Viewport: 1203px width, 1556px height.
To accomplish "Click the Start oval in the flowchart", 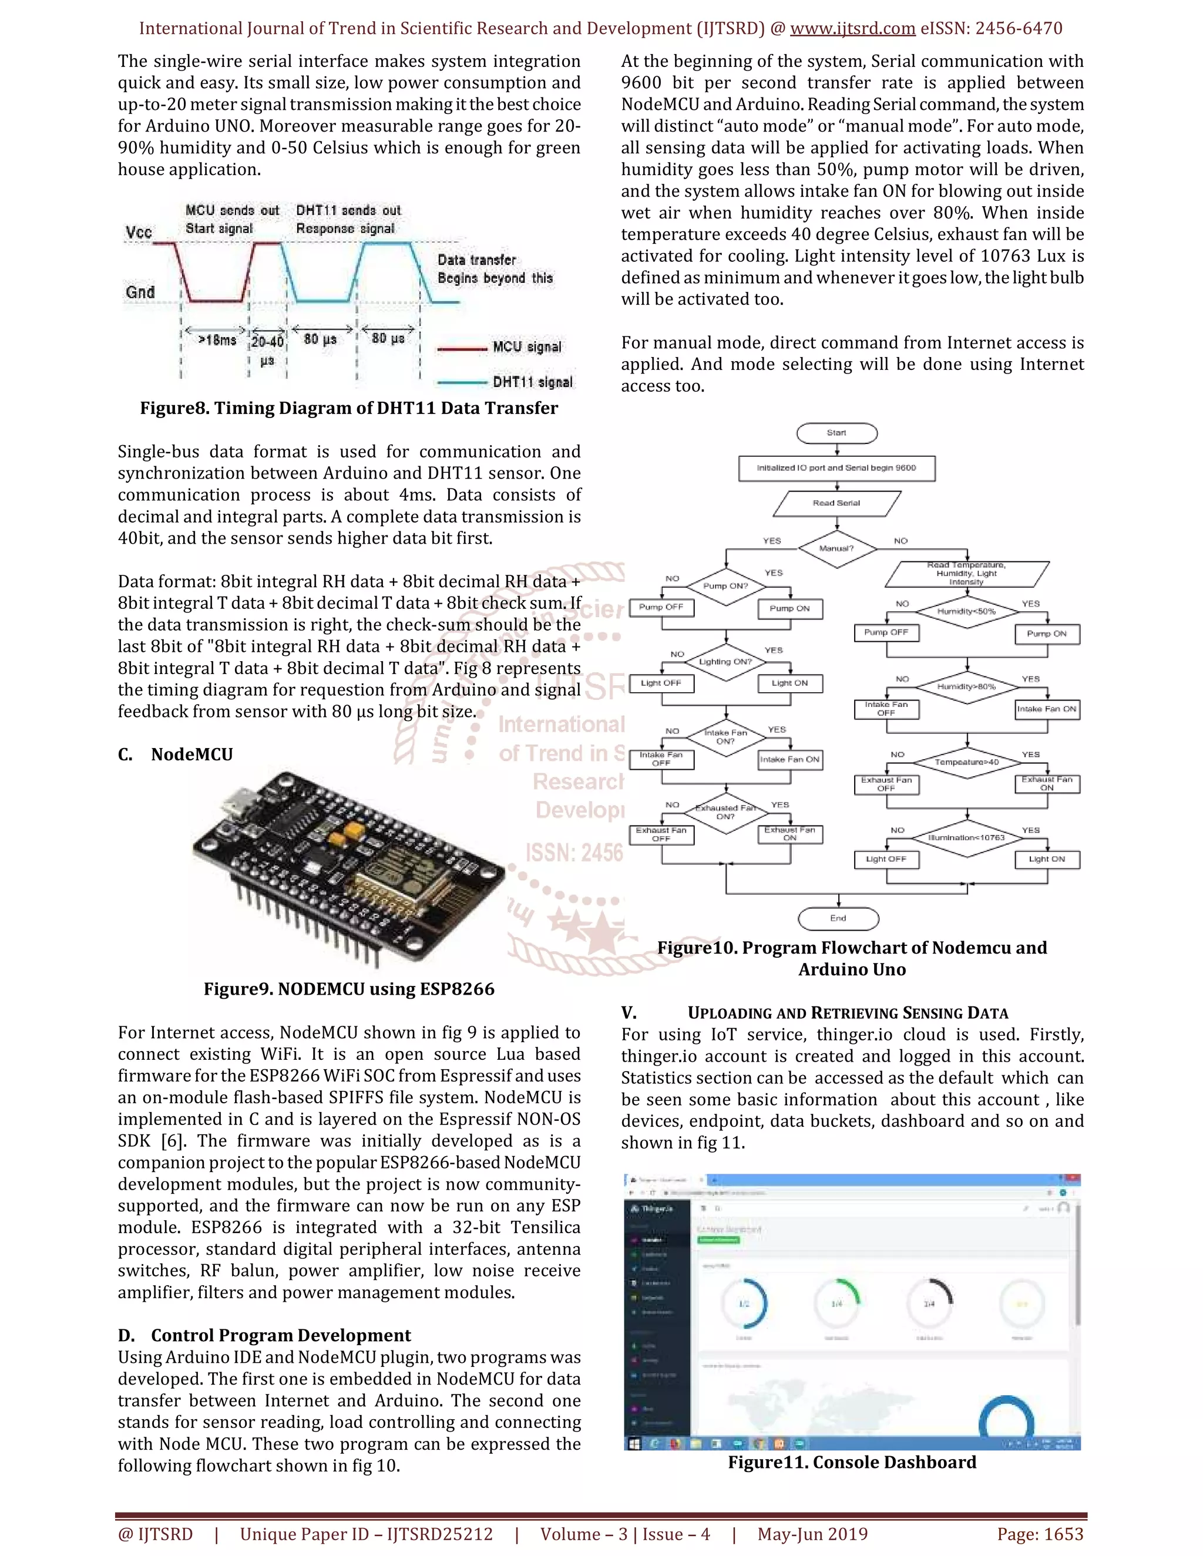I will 836,433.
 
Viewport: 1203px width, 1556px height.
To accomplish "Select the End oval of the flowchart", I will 838,918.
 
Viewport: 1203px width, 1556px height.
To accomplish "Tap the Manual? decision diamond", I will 836,548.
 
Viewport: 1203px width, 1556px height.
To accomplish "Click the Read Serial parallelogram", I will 836,503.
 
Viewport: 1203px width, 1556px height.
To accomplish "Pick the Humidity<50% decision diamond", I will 966,611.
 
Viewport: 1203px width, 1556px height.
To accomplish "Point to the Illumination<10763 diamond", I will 966,837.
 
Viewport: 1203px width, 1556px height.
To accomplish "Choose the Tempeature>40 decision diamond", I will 966,762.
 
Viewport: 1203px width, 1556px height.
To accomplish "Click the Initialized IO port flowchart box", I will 836,468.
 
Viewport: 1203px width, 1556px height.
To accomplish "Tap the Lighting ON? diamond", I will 725,662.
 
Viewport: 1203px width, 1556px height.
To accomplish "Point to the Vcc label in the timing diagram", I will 139,233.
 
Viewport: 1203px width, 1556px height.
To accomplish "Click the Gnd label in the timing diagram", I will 140,292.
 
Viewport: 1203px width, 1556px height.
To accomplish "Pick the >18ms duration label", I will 217,341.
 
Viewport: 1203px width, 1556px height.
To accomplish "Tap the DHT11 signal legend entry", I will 532,383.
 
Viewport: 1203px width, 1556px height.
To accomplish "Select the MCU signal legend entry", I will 527,347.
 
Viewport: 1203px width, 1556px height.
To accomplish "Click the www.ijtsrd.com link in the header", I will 852,29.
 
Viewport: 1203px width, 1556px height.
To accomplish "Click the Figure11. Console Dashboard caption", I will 852,1463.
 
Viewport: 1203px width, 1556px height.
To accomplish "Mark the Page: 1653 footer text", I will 1040,1534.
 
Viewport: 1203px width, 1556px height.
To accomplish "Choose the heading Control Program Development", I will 281,1335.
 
